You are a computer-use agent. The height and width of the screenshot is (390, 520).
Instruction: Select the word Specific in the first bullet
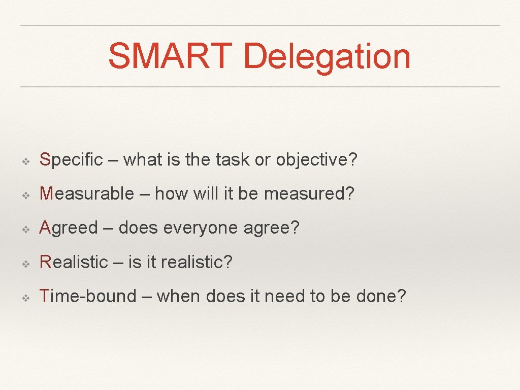pos(71,160)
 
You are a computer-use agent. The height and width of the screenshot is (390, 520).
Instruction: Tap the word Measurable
pos(87,194)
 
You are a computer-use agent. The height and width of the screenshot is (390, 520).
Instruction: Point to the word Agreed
pos(69,228)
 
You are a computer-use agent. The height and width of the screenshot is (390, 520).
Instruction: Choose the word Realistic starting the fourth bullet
pos(74,262)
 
